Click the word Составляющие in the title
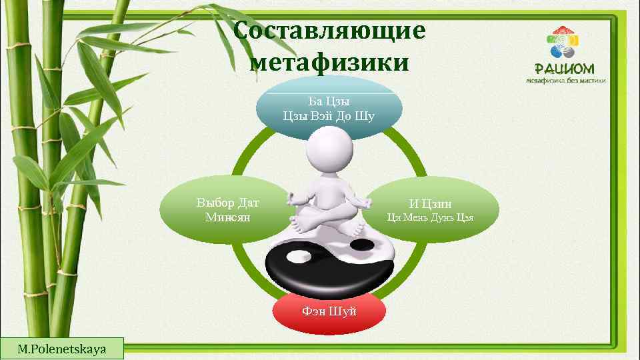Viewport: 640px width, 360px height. point(329,32)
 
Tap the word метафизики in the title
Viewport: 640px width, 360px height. point(329,63)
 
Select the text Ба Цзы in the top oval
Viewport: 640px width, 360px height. point(329,101)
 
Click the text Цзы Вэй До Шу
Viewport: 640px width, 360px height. point(329,116)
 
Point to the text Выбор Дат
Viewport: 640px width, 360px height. point(227,203)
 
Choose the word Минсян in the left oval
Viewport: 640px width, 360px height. point(227,217)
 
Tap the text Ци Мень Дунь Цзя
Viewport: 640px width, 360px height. point(431,217)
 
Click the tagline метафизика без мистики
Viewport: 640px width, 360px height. point(565,81)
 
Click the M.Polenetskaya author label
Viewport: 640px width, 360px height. point(61,349)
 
